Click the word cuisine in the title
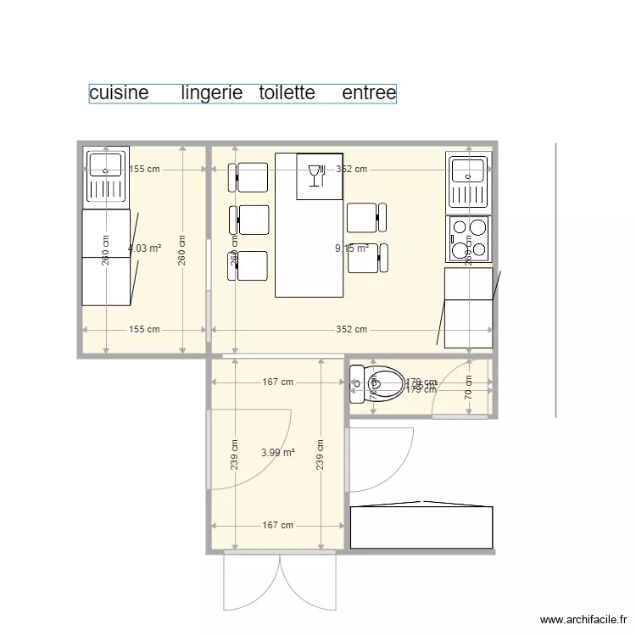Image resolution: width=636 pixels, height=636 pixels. coord(119,92)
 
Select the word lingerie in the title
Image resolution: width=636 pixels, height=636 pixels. coord(212,92)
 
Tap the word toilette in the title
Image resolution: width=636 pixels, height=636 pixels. coord(287,92)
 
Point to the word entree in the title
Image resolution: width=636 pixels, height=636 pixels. coord(369,92)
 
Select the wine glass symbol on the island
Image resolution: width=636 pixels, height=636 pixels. coord(315,174)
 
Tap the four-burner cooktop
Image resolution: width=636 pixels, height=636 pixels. coord(469,237)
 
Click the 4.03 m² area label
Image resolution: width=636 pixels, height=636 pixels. coord(144,248)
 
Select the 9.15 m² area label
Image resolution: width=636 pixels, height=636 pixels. coord(352,248)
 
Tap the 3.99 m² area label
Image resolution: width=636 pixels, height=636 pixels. coord(278,453)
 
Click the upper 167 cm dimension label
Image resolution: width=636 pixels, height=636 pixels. coord(277,382)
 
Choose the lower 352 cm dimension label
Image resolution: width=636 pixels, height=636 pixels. coord(351,330)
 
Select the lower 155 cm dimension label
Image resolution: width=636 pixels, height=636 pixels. coord(144,330)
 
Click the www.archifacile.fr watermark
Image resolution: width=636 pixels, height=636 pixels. coord(582,620)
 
